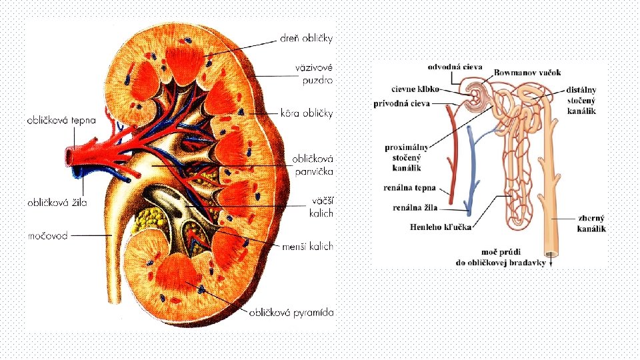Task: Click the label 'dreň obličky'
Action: (305, 39)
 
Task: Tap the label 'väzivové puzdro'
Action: (314, 73)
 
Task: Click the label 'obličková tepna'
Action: (61, 121)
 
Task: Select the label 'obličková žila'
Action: (57, 201)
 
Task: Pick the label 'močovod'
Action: (47, 235)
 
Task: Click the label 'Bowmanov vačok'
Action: (527, 72)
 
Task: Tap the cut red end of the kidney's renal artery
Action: (69, 157)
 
